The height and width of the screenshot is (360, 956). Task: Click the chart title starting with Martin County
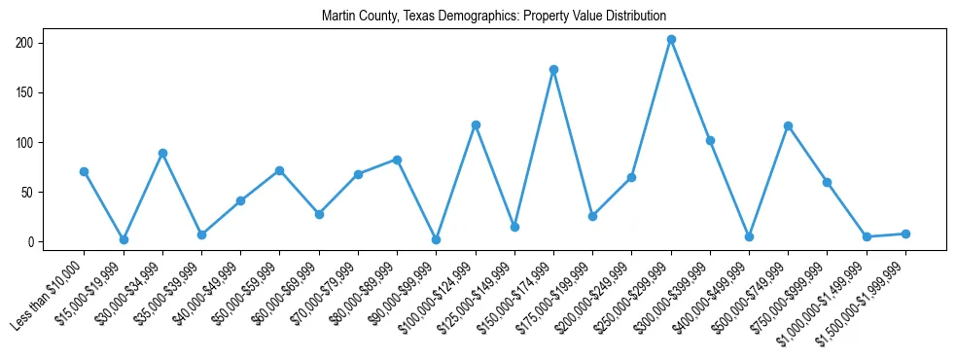pyautogui.click(x=494, y=16)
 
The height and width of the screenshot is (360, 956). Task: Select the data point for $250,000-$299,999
pyautogui.click(x=671, y=40)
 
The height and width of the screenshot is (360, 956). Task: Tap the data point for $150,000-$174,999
pyautogui.click(x=553, y=70)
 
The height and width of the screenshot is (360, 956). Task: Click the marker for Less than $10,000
pyautogui.click(x=84, y=172)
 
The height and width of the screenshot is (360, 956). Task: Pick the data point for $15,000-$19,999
pyautogui.click(x=124, y=239)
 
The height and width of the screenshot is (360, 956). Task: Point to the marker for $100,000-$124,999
pyautogui.click(x=476, y=125)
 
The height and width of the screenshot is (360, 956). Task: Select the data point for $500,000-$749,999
pyautogui.click(x=788, y=126)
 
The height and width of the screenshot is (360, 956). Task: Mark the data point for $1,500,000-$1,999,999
pyautogui.click(x=905, y=234)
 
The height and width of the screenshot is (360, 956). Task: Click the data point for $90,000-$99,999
pyautogui.click(x=437, y=239)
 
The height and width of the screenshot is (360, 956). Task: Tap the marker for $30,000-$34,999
pyautogui.click(x=162, y=153)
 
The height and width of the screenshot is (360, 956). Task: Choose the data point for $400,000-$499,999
pyautogui.click(x=749, y=236)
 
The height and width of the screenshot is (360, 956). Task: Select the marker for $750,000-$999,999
pyautogui.click(x=827, y=182)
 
